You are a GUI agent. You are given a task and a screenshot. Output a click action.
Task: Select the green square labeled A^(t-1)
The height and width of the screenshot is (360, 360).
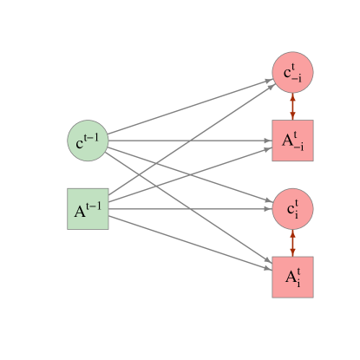coord(88,208)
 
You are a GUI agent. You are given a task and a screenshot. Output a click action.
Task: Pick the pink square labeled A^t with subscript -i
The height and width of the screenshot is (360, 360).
coord(292,141)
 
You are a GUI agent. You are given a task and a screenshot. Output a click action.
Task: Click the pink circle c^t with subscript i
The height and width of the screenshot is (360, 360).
coord(292,208)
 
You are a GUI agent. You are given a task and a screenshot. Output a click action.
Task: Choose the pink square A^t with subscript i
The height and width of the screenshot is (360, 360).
coord(292,276)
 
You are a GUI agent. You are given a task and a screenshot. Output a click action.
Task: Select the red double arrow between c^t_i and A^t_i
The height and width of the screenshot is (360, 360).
coord(292,242)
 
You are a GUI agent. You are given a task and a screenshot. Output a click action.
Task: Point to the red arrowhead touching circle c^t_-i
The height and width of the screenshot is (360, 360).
coord(292,97)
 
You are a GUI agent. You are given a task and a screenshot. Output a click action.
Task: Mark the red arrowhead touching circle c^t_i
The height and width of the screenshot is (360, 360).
coord(292,232)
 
